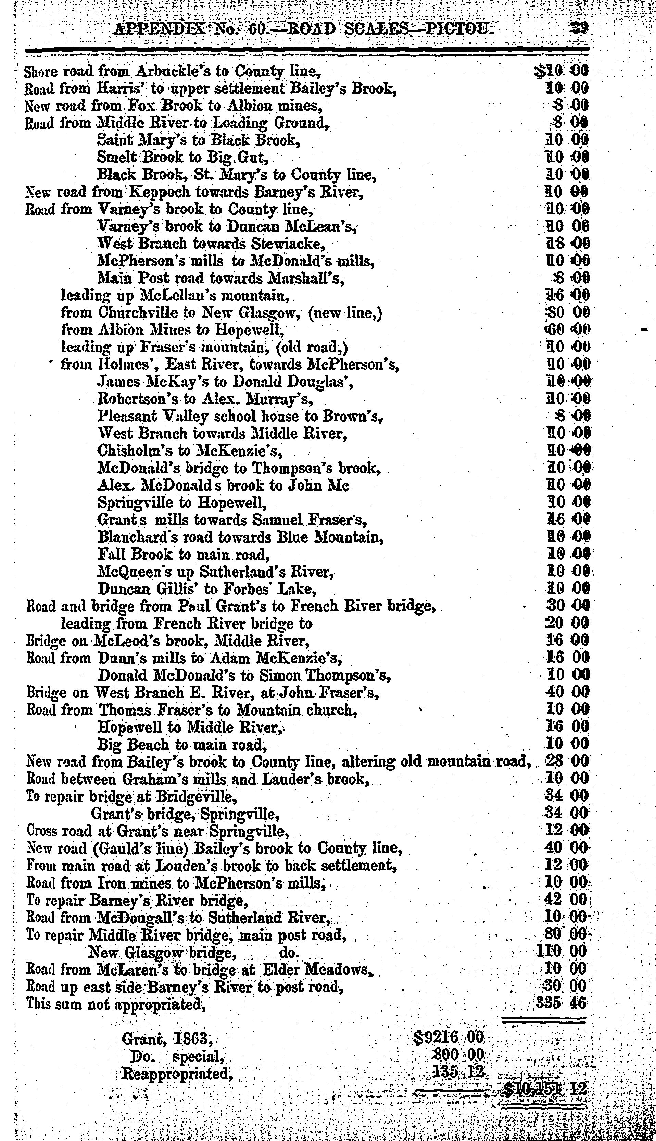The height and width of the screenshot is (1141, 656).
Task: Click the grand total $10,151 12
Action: point(545,1089)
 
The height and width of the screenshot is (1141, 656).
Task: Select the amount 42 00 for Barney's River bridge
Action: point(565,900)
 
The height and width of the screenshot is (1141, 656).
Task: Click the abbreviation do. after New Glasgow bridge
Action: point(288,952)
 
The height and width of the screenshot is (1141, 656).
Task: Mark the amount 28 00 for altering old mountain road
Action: point(565,761)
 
